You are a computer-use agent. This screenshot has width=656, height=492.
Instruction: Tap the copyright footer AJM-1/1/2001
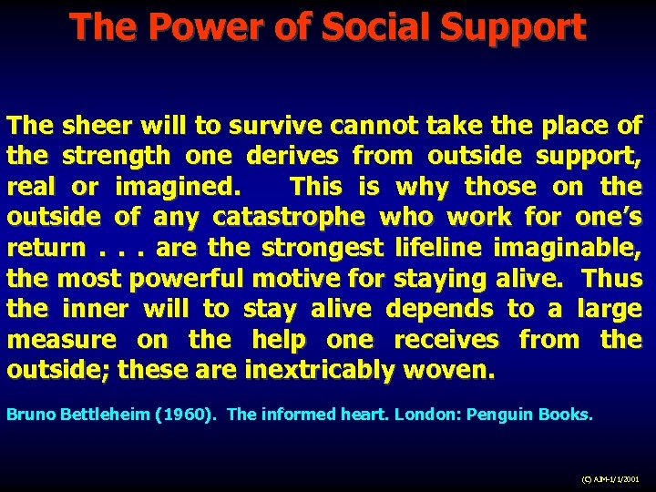610,478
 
